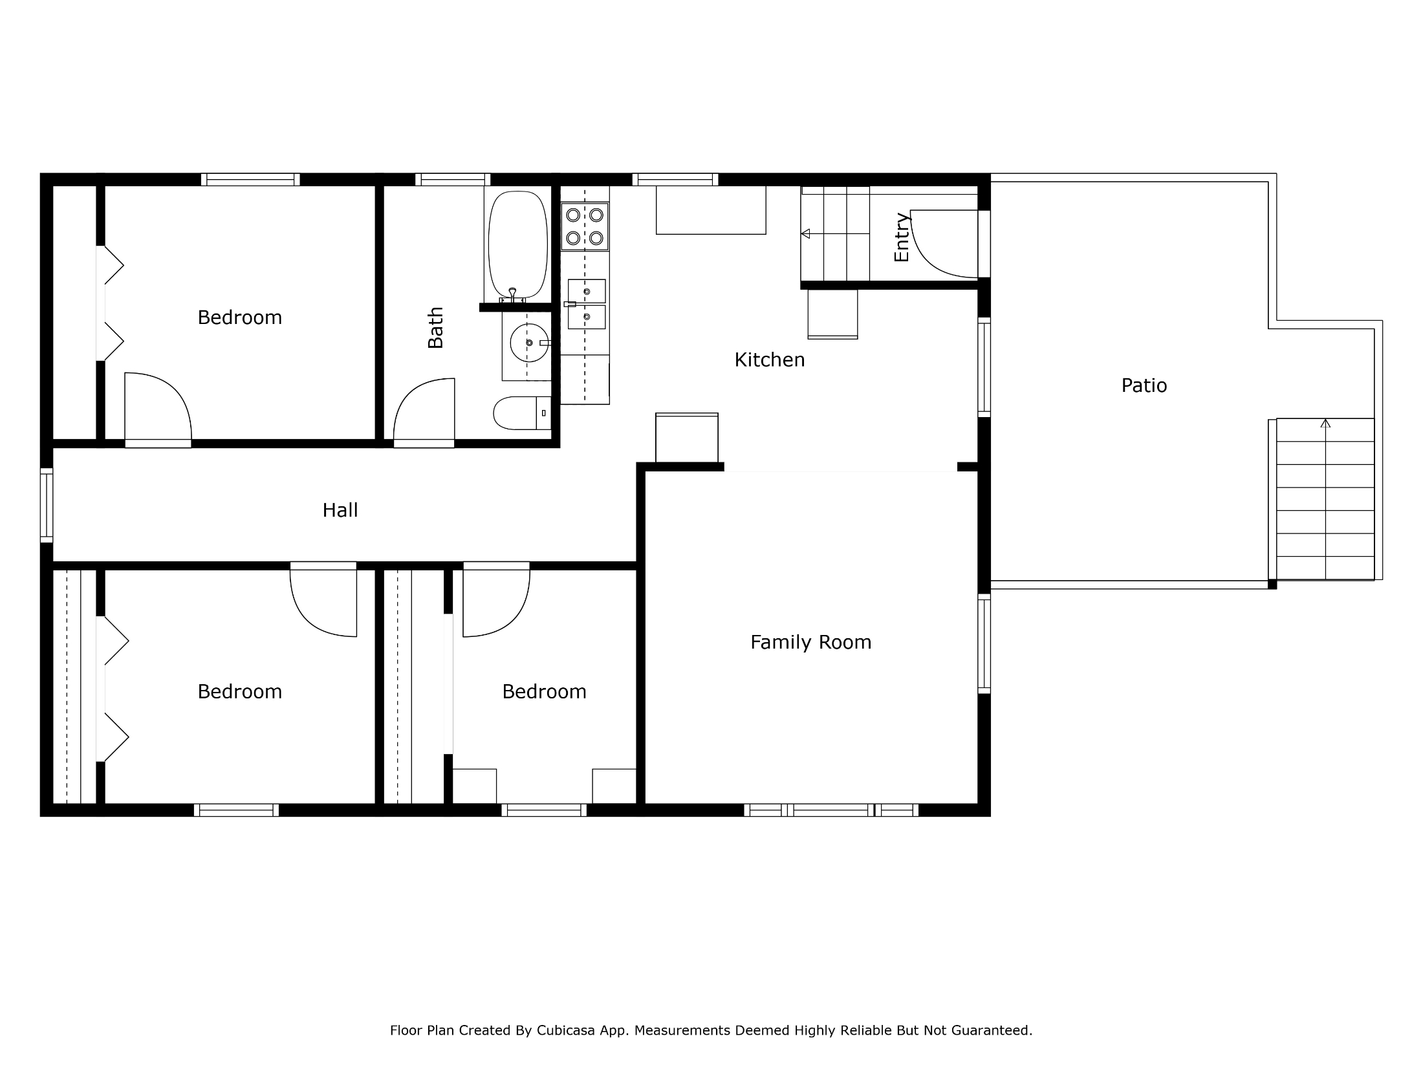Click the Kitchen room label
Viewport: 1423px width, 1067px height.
click(769, 360)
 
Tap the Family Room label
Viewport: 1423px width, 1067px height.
click(810, 642)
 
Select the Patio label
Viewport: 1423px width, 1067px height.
click(1144, 385)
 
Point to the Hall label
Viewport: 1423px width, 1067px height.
click(340, 510)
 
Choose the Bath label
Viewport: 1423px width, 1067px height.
click(435, 327)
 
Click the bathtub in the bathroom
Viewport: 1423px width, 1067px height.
click(517, 245)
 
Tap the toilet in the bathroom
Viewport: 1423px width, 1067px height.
click(522, 413)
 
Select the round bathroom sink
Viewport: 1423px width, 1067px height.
click(528, 343)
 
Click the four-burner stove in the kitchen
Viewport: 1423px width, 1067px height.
click(585, 226)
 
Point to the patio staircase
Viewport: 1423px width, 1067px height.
click(1325, 499)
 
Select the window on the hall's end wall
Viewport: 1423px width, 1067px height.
click(46, 505)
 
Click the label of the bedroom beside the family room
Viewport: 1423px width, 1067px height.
click(544, 691)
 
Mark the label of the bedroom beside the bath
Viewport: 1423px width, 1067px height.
click(239, 318)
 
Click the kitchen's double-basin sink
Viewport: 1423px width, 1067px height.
click(587, 304)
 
